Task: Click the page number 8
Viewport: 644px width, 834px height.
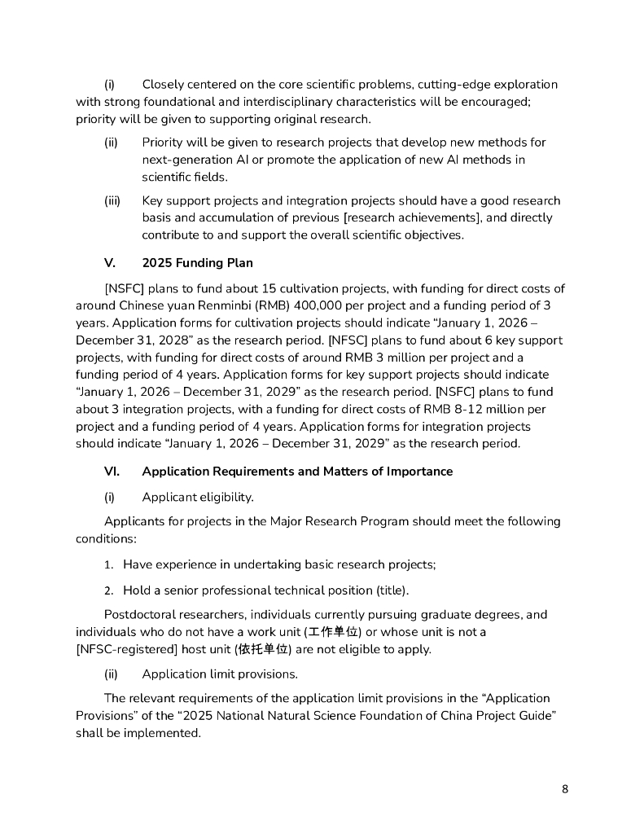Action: tap(565, 789)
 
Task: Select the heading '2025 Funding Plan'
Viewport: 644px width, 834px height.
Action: tap(197, 262)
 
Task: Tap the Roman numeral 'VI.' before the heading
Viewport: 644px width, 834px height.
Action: tap(112, 472)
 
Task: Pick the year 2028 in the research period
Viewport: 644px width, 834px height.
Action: tap(185, 340)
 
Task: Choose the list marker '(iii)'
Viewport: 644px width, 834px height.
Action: tap(112, 200)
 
